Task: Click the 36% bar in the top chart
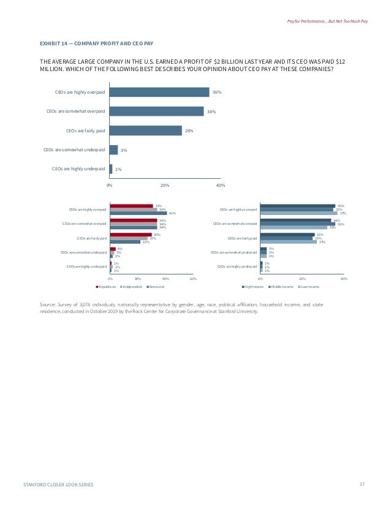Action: pyautogui.click(x=159, y=92)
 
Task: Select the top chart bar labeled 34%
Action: pyautogui.click(x=156, y=111)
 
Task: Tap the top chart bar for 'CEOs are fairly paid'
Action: pyautogui.click(x=145, y=130)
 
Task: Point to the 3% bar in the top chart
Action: pyautogui.click(x=113, y=149)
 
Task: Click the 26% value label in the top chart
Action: pyautogui.click(x=189, y=130)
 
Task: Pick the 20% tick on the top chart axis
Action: pyautogui.click(x=165, y=185)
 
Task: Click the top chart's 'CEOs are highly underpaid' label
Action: pyautogui.click(x=78, y=168)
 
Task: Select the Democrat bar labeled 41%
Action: pyautogui.click(x=139, y=213)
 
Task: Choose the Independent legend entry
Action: pyautogui.click(x=132, y=286)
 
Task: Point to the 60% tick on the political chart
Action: pyautogui.click(x=193, y=279)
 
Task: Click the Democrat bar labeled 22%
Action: pyautogui.click(x=125, y=242)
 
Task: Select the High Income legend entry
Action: pyautogui.click(x=254, y=286)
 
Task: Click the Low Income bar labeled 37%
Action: pyautogui.click(x=298, y=213)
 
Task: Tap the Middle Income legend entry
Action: pyautogui.click(x=281, y=286)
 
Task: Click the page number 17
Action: pyautogui.click(x=363, y=484)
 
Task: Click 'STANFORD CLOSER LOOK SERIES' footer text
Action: pyautogui.click(x=58, y=485)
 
